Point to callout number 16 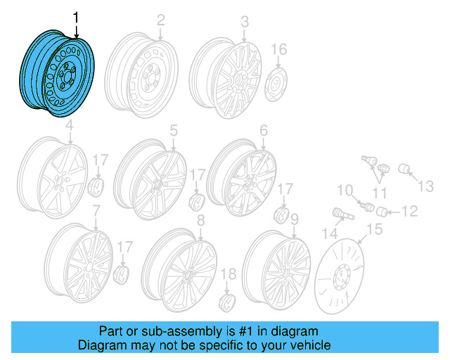[279, 49]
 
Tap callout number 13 [427, 186]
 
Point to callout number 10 [345, 190]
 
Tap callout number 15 [373, 229]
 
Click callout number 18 [229, 274]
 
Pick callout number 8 [200, 221]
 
